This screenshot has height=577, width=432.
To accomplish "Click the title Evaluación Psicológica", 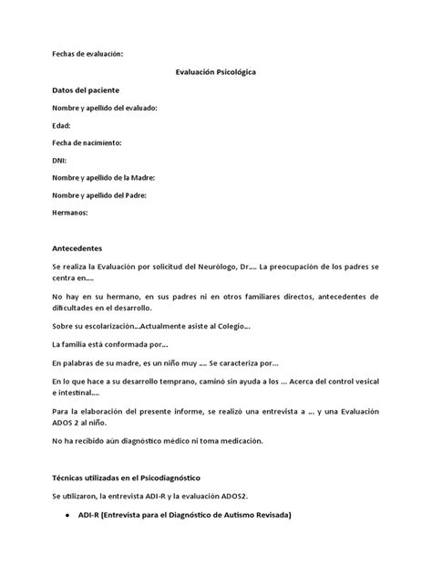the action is pyautogui.click(x=216, y=72).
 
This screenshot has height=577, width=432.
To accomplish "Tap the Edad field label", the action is pyautogui.click(x=60, y=125).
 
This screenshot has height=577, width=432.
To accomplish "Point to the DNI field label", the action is pyautogui.click(x=59, y=160).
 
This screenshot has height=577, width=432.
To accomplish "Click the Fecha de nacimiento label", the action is pyautogui.click(x=87, y=142).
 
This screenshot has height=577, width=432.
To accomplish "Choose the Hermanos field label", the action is pyautogui.click(x=69, y=212).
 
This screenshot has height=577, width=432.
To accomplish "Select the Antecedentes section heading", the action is pyautogui.click(x=77, y=247).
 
